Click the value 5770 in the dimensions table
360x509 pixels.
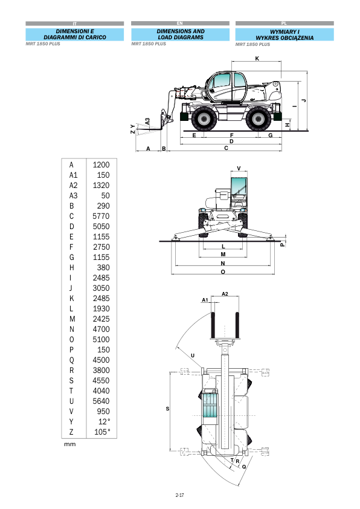click(101, 216)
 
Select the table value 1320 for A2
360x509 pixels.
click(101, 186)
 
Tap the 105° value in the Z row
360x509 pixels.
click(102, 432)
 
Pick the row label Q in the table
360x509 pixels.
click(72, 360)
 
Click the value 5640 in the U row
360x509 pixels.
click(101, 401)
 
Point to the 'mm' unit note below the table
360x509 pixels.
click(69, 444)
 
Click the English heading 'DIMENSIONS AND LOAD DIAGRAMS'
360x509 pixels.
click(181, 34)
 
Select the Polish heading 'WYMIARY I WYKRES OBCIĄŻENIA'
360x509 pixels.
click(284, 35)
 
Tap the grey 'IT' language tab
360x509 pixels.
click(74, 24)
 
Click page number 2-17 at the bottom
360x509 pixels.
click(179, 495)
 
